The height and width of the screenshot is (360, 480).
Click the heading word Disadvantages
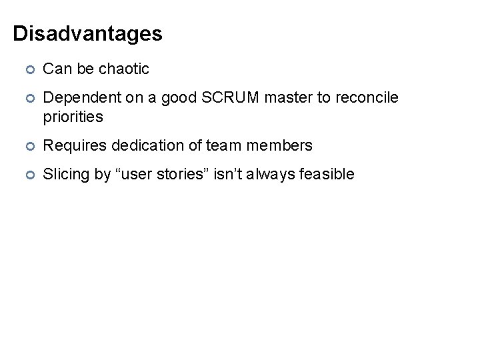(87, 33)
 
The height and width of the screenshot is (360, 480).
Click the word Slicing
(65, 175)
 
